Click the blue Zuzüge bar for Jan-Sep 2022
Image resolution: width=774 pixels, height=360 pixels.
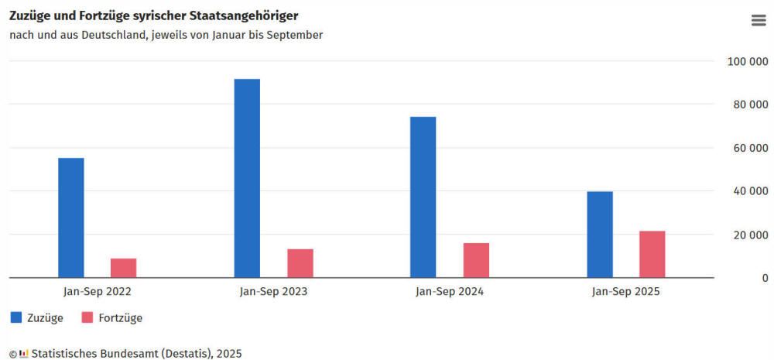pos(71,218)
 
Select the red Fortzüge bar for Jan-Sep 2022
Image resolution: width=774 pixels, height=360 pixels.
pos(124,268)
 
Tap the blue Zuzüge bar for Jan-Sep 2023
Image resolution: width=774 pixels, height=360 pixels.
pos(247,178)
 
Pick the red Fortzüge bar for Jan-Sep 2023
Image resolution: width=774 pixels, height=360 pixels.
pos(300,263)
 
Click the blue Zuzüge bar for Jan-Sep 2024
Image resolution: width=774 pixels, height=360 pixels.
pos(423,197)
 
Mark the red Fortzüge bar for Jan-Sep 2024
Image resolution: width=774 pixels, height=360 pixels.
pos(476,260)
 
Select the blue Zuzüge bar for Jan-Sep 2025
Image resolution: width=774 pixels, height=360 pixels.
pos(600,234)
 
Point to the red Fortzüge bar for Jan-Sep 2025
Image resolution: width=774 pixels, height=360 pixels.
pos(652,254)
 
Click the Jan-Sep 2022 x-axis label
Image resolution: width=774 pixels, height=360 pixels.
pos(97,292)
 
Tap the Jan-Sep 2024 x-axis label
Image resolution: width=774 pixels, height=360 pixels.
pos(450,292)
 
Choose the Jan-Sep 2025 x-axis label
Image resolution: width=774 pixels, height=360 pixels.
pos(626,292)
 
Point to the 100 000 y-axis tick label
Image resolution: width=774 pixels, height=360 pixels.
pos(748,61)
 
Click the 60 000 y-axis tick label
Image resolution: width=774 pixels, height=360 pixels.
pos(750,148)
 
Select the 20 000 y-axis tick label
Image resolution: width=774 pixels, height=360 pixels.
pos(750,235)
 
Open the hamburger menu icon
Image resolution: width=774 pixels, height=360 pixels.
pos(759,21)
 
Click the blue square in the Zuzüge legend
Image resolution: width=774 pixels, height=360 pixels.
pos(16,317)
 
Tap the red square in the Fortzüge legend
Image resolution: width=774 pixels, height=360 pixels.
pos(87,317)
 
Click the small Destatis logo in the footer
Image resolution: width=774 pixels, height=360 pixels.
pos(24,353)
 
